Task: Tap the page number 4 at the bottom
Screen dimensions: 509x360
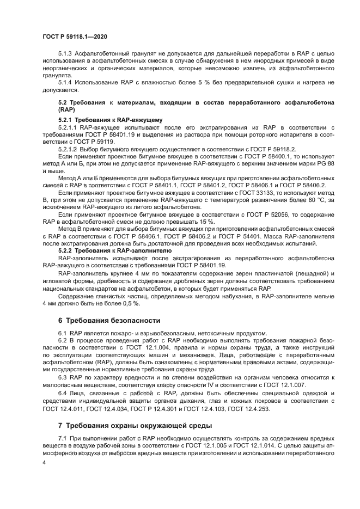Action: (x=44, y=462)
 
